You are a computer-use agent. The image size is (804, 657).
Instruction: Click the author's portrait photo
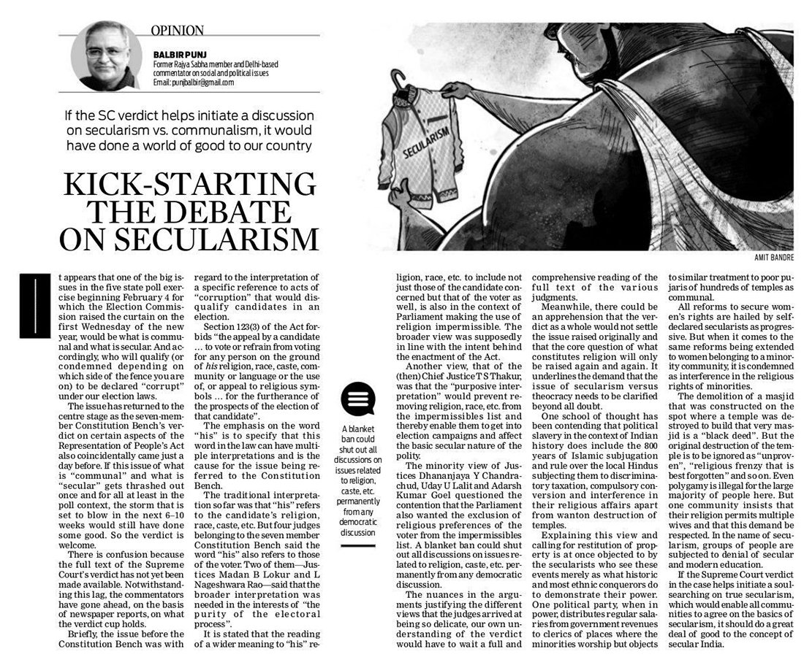point(107,56)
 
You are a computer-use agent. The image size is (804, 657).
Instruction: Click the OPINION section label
point(177,30)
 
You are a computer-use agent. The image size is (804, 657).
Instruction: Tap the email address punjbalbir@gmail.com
point(194,82)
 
